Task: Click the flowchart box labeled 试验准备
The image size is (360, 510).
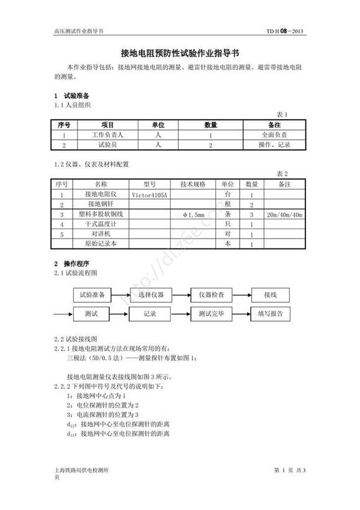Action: [92, 294]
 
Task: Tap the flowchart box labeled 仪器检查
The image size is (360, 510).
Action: [211, 294]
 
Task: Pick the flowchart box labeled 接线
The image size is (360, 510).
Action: [270, 294]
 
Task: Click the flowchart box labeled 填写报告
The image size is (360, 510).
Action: [270, 314]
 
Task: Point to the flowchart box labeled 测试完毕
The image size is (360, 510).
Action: [211, 314]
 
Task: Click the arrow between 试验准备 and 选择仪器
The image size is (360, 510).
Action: [122, 294]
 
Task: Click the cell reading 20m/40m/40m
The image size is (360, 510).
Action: [284, 214]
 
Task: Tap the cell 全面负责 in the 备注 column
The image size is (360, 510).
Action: [274, 134]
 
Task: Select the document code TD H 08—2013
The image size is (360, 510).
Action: [284, 30]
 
